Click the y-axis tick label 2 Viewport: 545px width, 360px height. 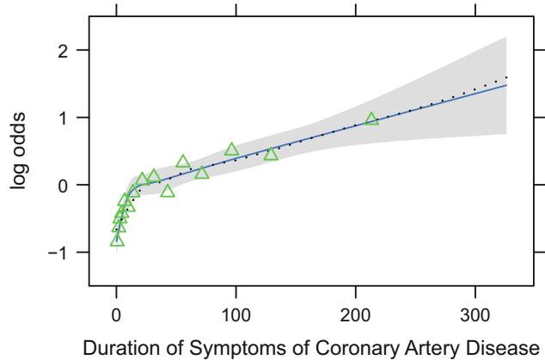pos(70,50)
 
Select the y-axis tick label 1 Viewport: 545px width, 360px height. pos(70,117)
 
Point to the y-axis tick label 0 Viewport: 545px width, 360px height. pos(70,185)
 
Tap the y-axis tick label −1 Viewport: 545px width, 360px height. pos(67,252)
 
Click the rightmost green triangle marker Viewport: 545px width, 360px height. pos(371,119)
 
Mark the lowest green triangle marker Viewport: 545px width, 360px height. pos(117,240)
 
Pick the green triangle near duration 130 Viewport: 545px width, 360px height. pos(271,154)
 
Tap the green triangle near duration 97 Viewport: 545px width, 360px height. pos(231,149)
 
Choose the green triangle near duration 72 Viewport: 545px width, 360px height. pos(202,173)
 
